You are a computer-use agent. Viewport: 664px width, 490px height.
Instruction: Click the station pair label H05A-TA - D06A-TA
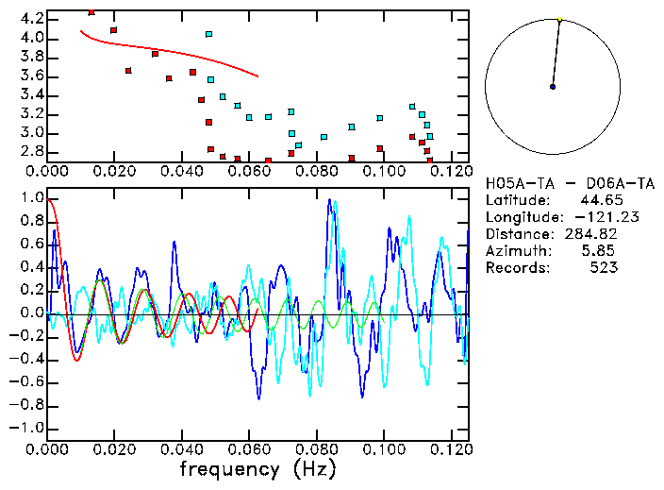tap(551, 183)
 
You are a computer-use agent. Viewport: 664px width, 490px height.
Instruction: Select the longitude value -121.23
tap(590, 217)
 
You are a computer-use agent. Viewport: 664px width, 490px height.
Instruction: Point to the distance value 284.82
tap(590, 234)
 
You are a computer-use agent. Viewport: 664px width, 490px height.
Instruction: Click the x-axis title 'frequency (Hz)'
tap(257, 469)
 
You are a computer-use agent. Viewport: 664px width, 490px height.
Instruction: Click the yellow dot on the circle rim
tap(559, 19)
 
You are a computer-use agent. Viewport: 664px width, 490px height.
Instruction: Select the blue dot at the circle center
tap(553, 87)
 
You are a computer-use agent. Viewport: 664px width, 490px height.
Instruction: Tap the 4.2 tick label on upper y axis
tap(32, 19)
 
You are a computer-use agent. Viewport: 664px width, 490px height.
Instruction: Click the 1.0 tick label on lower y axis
tap(32, 199)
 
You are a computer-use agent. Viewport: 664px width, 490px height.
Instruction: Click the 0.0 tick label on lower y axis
tap(32, 313)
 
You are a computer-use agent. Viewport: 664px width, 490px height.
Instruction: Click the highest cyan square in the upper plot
tap(208, 34)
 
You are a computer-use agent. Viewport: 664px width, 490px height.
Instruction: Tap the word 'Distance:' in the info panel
tap(515, 234)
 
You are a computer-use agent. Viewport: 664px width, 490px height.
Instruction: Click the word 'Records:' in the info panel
tap(515, 268)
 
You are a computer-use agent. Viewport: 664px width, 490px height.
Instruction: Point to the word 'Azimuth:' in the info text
tap(515, 251)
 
